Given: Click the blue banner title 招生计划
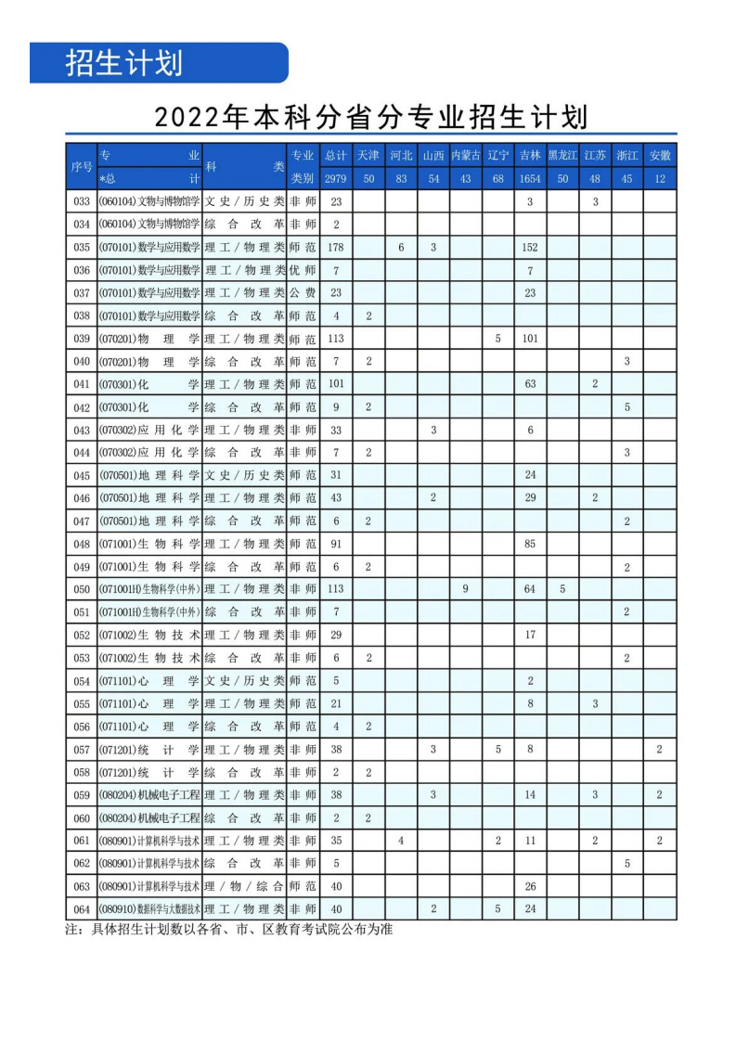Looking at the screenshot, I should click(x=123, y=62).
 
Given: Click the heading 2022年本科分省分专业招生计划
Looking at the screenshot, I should click(x=371, y=117).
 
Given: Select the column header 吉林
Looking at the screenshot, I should click(x=530, y=155).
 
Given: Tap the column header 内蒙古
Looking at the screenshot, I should click(x=465, y=155).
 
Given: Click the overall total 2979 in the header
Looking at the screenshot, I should click(x=336, y=178).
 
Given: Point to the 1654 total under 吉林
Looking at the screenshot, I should click(x=530, y=178).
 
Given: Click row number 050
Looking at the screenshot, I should click(x=82, y=589).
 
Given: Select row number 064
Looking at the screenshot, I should click(x=82, y=908).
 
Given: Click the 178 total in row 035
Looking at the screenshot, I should click(x=336, y=248).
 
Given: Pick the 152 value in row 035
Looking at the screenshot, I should click(x=530, y=248).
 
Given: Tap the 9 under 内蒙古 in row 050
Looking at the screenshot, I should click(x=465, y=589).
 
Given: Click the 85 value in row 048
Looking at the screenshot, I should click(x=530, y=544).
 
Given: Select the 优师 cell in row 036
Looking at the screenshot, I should click(x=303, y=270).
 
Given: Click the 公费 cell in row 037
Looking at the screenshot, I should click(x=303, y=293).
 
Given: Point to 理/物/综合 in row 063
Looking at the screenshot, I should click(x=244, y=886).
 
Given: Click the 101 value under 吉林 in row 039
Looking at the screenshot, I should click(x=530, y=339).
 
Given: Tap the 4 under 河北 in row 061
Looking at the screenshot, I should click(x=401, y=841).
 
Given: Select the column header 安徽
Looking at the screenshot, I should click(x=659, y=155).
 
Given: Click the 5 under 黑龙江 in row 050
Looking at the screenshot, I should click(x=562, y=589).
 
